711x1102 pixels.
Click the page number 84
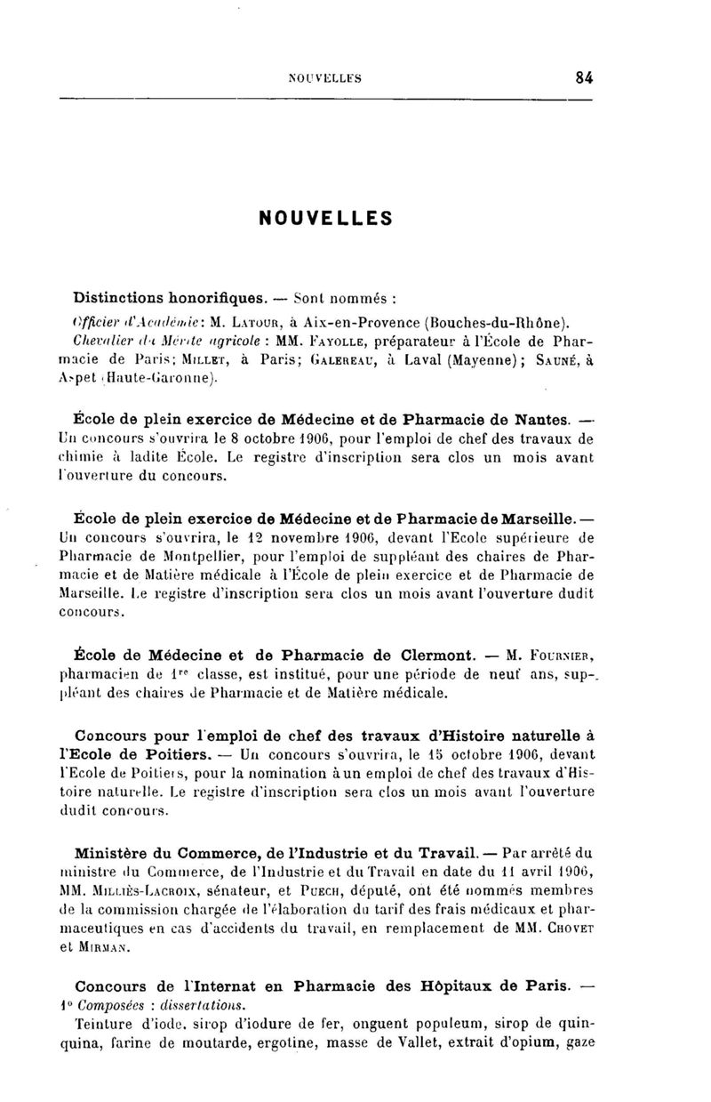(584, 77)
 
